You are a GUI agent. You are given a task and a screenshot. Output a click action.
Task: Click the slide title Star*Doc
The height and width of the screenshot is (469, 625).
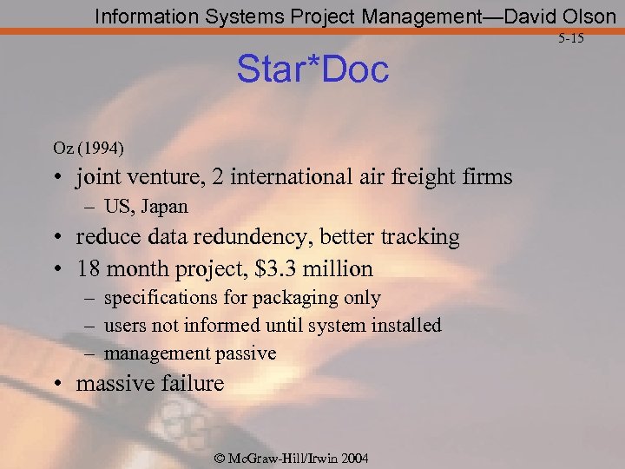pos(313,70)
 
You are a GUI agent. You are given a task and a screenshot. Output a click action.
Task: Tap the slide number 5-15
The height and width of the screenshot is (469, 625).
pos(571,38)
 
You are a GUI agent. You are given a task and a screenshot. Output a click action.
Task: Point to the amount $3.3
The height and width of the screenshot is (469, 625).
pos(280,269)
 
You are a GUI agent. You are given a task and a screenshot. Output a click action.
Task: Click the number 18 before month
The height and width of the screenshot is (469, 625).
pos(89,269)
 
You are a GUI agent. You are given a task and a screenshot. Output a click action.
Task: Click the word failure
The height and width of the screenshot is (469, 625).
pos(193,384)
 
